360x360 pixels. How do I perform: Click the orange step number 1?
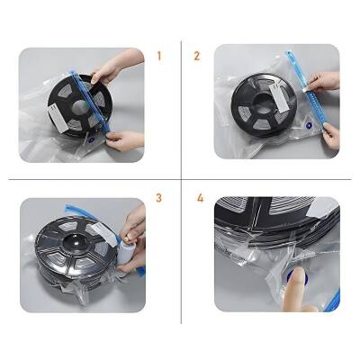point(159,56)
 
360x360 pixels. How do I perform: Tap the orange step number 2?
point(197,56)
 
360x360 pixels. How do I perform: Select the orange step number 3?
point(158,198)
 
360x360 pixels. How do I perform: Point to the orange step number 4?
point(200,198)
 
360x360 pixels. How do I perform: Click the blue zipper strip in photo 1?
point(90,102)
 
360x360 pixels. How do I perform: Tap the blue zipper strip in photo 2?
point(303,90)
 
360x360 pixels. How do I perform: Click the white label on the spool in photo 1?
point(58,119)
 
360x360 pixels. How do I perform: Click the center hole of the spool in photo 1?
point(80,107)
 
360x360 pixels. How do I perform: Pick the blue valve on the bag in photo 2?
point(309,125)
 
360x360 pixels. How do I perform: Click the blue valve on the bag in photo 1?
point(92,139)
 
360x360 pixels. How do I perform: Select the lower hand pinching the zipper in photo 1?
point(124,140)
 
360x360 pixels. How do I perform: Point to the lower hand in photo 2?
point(331,137)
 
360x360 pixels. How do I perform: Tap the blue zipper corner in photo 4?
point(332,300)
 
